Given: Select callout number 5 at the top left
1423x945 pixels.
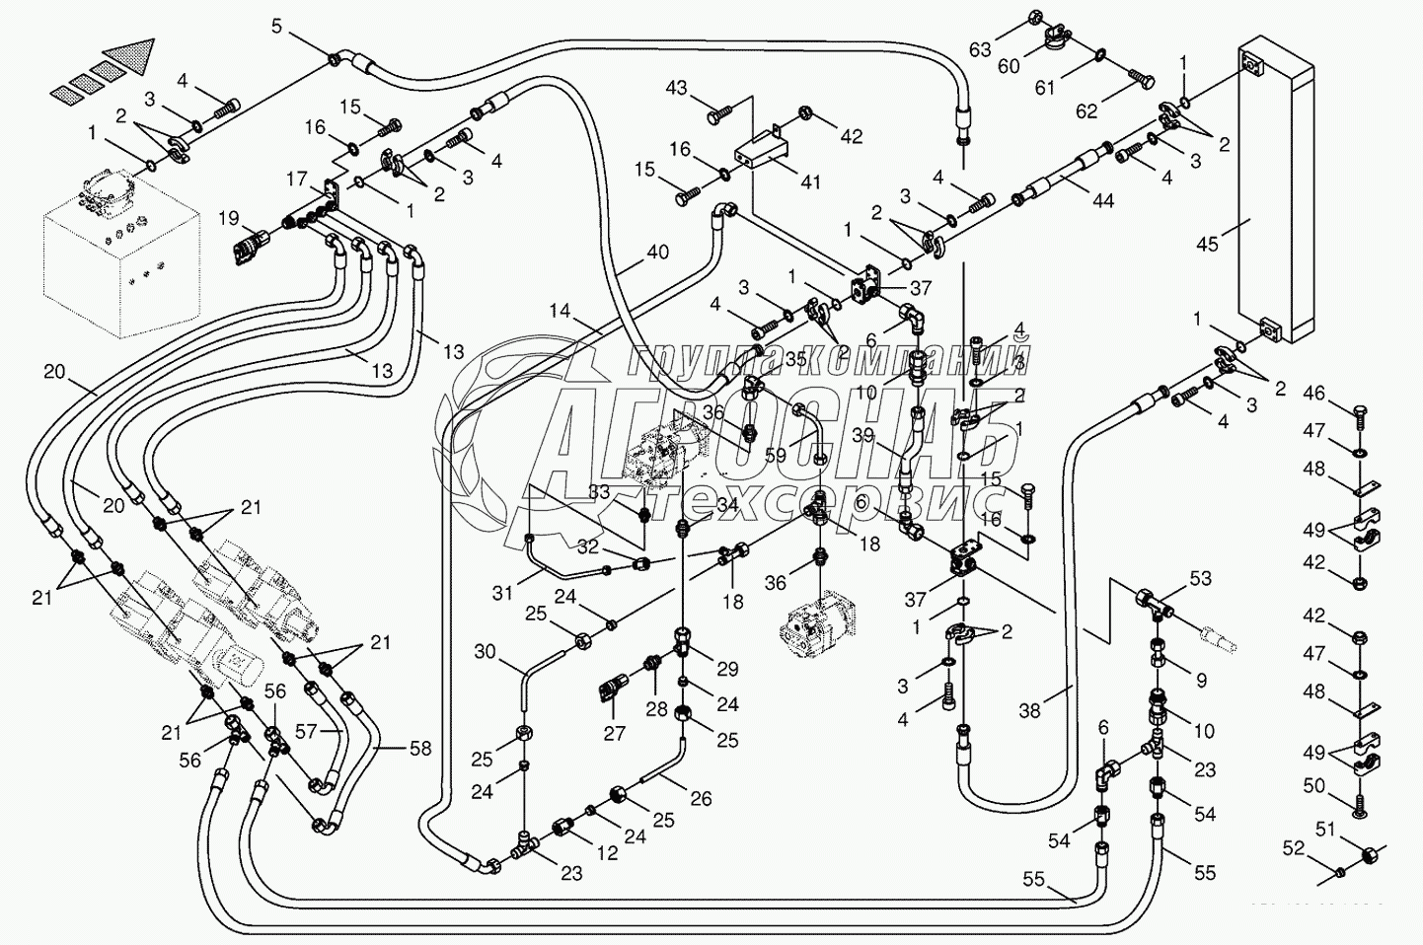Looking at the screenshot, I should coord(278,27).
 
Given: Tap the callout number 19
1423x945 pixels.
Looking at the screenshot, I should coord(229,217).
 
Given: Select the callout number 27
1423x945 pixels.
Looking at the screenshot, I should coord(614,732).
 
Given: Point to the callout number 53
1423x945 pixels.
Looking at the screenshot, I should coord(1200,578).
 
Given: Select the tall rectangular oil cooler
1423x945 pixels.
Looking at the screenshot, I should coord(1273,192).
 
